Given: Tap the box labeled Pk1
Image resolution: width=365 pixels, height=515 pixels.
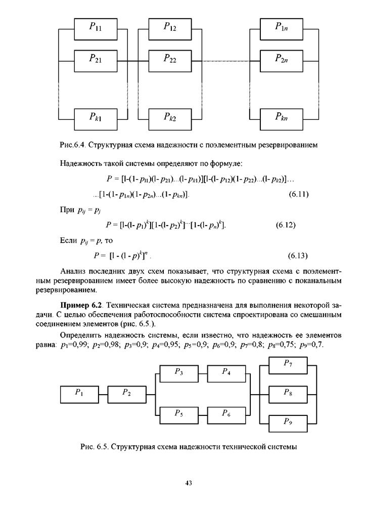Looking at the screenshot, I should pos(96,119).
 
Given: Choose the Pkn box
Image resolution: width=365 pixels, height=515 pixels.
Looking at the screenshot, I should pos(282,119).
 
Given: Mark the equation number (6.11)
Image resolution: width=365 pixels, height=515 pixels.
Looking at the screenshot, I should pos(298,194).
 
